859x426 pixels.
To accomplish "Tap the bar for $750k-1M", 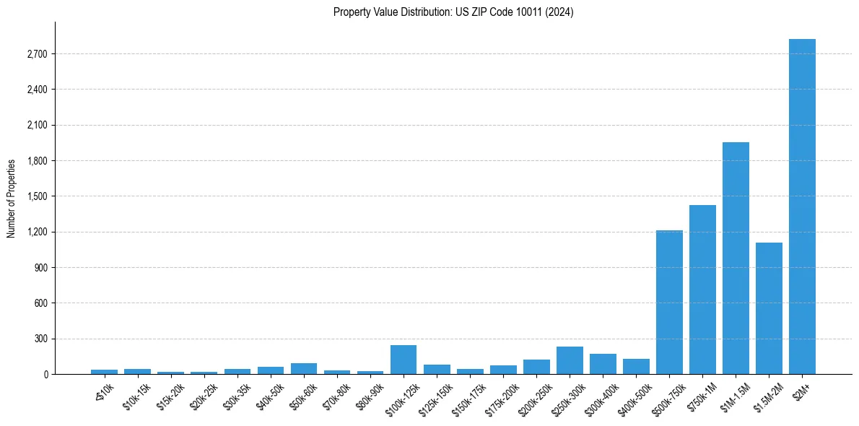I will pos(702,290).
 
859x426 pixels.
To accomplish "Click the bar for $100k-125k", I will pos(404,360).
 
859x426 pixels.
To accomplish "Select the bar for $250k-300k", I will pos(570,360).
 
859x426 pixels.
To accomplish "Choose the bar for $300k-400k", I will pos(603,364).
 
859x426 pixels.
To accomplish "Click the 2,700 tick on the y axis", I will pos(37,54).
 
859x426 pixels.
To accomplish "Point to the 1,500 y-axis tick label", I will pos(37,196).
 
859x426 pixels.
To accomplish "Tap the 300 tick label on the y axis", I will pos(40,339).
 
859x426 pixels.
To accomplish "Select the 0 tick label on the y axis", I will pos(45,374).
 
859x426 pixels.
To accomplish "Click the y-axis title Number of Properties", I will pos(12,198).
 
